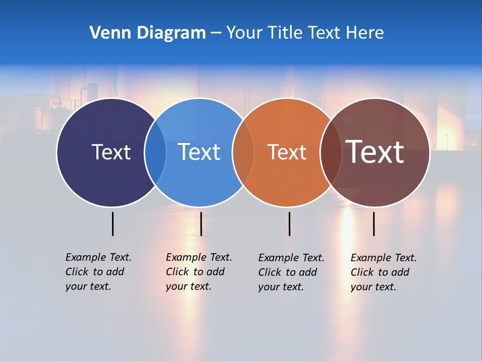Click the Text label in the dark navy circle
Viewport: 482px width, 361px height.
point(111,152)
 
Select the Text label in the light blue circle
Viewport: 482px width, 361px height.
point(199,152)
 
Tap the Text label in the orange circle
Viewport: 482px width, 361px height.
point(287,152)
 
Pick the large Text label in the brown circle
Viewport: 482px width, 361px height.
point(375,152)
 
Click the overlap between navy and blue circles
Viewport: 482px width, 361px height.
point(155,152)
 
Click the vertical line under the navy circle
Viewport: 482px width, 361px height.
point(112,224)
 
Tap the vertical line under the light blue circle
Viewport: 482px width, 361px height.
point(201,224)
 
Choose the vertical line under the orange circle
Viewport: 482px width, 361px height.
point(289,224)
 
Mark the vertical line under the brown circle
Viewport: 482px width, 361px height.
point(374,224)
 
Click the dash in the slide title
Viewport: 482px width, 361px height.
point(216,33)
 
